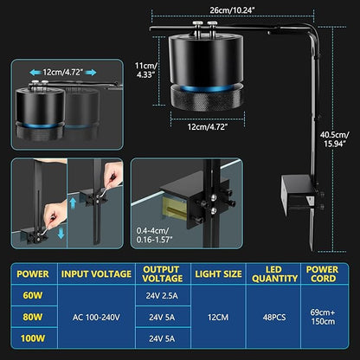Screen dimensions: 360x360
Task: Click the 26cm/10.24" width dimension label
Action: point(232,10)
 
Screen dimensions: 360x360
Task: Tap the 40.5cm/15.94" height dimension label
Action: point(335,139)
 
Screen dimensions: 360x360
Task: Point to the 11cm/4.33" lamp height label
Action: point(146,70)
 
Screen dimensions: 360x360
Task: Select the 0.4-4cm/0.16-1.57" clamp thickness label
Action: point(154,235)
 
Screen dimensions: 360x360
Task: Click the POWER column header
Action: point(33,274)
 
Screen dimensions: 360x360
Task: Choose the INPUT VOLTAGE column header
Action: point(96,274)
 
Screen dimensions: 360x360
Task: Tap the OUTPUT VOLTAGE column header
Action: point(163,274)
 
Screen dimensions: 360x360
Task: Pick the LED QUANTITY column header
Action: point(274,274)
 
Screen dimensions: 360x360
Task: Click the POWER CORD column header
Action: point(323,274)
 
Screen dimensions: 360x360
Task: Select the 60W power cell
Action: point(33,296)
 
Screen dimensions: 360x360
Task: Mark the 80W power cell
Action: point(33,318)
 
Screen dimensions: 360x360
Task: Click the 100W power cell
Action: point(33,338)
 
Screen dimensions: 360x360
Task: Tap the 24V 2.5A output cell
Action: point(162,296)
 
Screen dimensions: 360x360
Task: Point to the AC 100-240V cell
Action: point(96,318)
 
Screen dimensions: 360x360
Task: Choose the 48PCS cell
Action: point(274,318)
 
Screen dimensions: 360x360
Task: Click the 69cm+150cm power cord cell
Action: point(323,317)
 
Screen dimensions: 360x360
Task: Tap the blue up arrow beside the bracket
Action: point(73,202)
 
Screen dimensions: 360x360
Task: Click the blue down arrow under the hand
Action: point(61,233)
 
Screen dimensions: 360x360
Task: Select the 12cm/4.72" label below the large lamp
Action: point(208,127)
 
